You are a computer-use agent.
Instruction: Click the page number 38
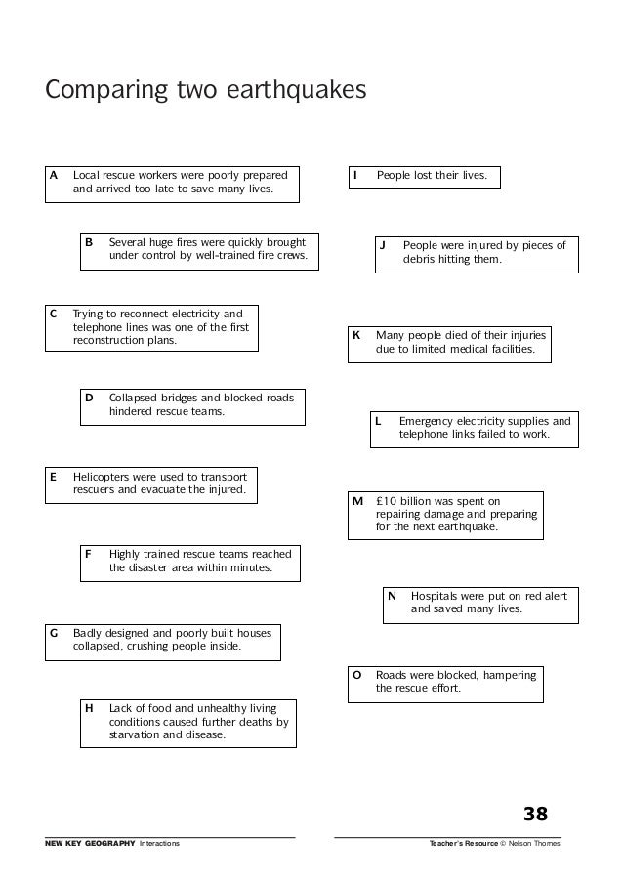[535, 815]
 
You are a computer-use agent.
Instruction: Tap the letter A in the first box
[54, 175]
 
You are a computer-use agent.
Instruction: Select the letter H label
[89, 708]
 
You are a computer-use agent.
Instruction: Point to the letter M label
[357, 501]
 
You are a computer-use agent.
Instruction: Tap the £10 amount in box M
[387, 501]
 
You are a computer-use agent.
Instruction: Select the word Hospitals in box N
[436, 595]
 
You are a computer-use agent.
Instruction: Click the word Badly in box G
[88, 633]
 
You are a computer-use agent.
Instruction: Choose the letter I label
[355, 175]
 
